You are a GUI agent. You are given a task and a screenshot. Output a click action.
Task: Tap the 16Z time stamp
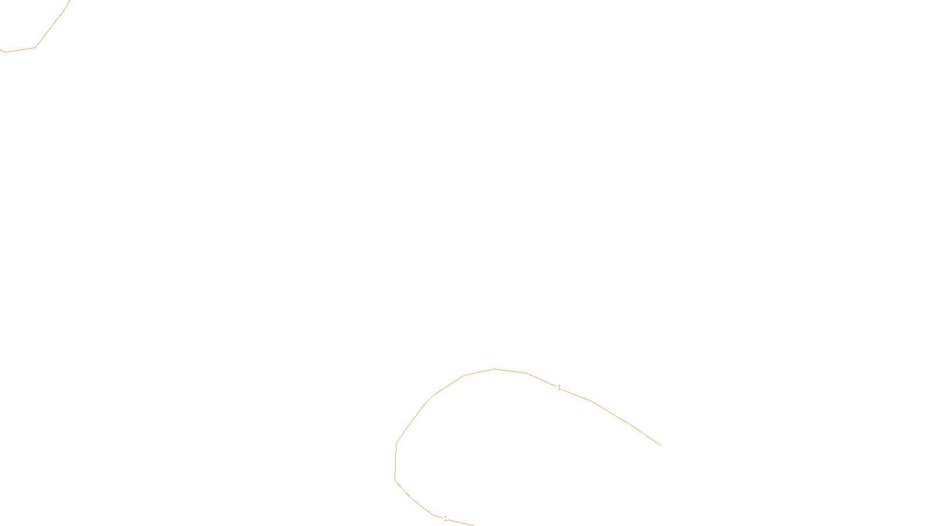442,517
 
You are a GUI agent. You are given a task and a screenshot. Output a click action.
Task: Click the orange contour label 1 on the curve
559,387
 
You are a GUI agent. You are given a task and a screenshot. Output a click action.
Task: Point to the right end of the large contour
661,445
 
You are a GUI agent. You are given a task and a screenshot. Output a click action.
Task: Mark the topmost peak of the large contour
494,369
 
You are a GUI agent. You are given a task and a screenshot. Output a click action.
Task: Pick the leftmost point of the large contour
395,480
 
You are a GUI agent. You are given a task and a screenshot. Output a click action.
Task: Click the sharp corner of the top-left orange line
35,47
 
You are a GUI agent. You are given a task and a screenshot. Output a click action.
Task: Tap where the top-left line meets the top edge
69,1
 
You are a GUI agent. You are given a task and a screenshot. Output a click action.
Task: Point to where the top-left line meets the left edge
1,50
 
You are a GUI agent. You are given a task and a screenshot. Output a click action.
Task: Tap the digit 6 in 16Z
442,517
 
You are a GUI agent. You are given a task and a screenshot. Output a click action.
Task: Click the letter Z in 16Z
447,517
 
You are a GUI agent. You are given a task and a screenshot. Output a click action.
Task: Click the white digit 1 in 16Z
438,517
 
